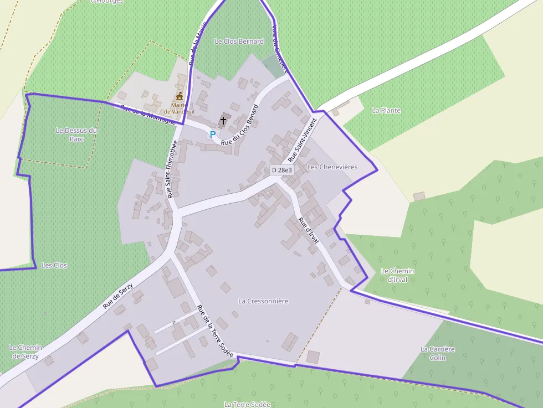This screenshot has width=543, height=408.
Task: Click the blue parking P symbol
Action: [212, 135]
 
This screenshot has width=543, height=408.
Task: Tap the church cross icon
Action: [223, 120]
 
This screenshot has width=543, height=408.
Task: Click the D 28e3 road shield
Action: [281, 170]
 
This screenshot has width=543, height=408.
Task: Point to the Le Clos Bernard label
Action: [239, 42]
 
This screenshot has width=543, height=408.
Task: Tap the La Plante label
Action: [386, 110]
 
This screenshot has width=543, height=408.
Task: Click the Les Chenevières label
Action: [332, 167]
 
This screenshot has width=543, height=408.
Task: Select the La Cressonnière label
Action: [263, 301]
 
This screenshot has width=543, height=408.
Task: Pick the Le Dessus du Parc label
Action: [76, 135]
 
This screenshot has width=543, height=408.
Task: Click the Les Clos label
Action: [54, 266]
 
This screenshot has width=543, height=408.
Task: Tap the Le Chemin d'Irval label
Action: [397, 275]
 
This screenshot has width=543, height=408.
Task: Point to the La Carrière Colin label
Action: [437, 353]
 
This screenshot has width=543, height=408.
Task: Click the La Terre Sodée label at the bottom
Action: [247, 404]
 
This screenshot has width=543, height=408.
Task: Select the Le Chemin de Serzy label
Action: [25, 352]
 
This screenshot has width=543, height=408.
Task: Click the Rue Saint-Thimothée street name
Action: [172, 169]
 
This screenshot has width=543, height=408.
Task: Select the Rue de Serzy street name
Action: [117, 293]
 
